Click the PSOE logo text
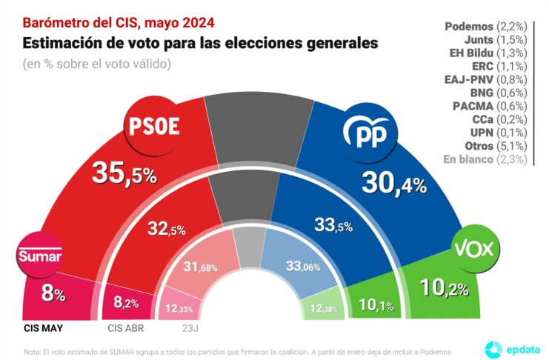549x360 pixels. pyautogui.click(x=155, y=126)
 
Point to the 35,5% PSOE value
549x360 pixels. pyautogui.click(x=124, y=175)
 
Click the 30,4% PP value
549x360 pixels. pyautogui.click(x=394, y=183)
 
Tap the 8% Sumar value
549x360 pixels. pyautogui.click(x=53, y=294)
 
